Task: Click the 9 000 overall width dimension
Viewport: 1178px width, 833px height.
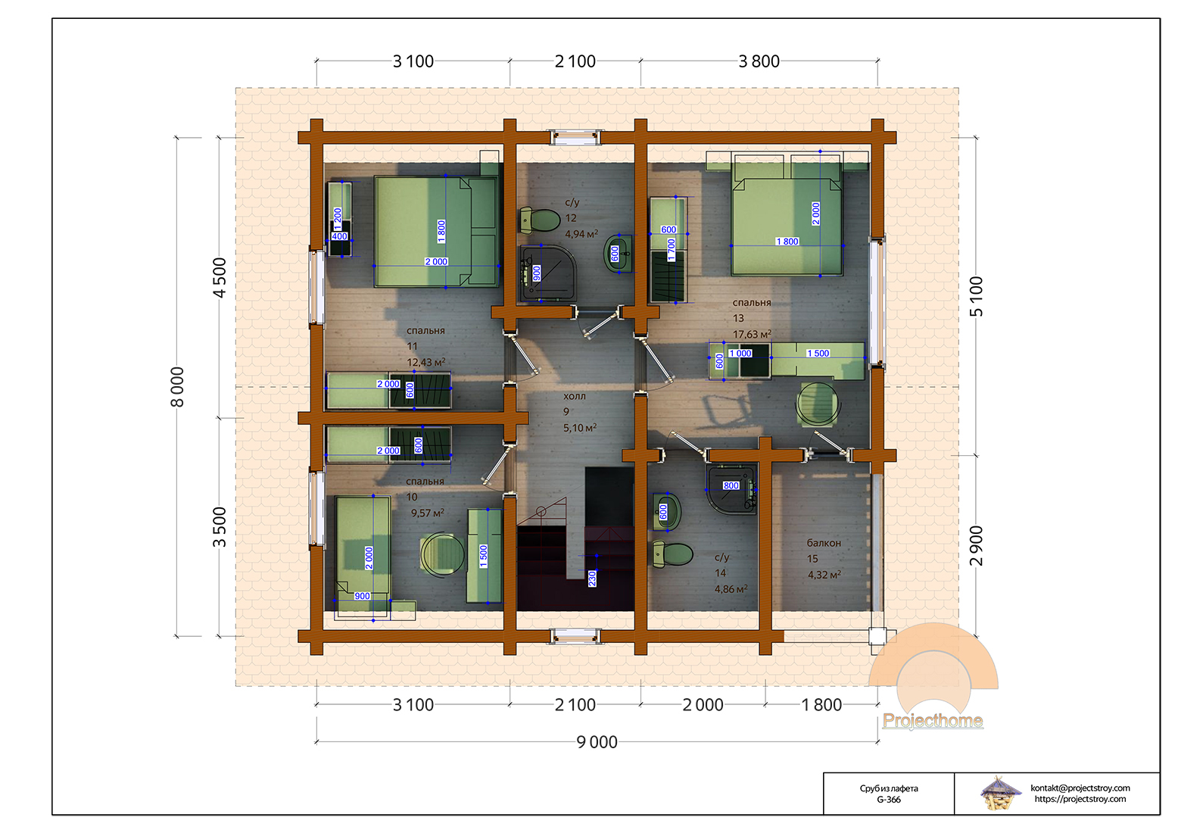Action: tap(597, 742)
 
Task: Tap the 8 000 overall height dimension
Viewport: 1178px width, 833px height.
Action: tap(177, 387)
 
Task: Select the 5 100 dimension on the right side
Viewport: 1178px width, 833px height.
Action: tap(976, 297)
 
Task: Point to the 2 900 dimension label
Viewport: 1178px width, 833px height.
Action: tap(976, 546)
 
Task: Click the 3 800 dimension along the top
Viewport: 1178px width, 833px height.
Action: tap(759, 61)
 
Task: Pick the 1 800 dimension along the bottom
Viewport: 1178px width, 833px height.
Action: tap(821, 705)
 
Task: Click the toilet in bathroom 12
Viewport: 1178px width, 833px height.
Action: tap(540, 220)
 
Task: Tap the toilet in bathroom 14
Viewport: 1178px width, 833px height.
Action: tap(672, 555)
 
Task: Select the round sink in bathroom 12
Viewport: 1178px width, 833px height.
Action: tap(618, 254)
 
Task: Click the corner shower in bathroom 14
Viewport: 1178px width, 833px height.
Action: tap(731, 488)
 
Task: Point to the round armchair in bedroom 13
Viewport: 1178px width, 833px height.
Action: tap(818, 404)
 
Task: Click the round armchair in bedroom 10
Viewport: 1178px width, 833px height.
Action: tap(442, 554)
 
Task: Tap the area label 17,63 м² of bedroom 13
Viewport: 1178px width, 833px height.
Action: tap(752, 334)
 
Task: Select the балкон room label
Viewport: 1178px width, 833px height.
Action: tap(824, 543)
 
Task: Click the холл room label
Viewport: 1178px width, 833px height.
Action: tap(575, 396)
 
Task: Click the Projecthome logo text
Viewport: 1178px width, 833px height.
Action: tap(933, 720)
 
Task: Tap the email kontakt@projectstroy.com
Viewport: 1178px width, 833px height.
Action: tap(1080, 788)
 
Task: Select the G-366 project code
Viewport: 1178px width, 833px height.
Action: tap(889, 800)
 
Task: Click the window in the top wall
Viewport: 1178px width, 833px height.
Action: tap(575, 138)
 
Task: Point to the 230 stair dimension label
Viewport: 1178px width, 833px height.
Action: tap(592, 579)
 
